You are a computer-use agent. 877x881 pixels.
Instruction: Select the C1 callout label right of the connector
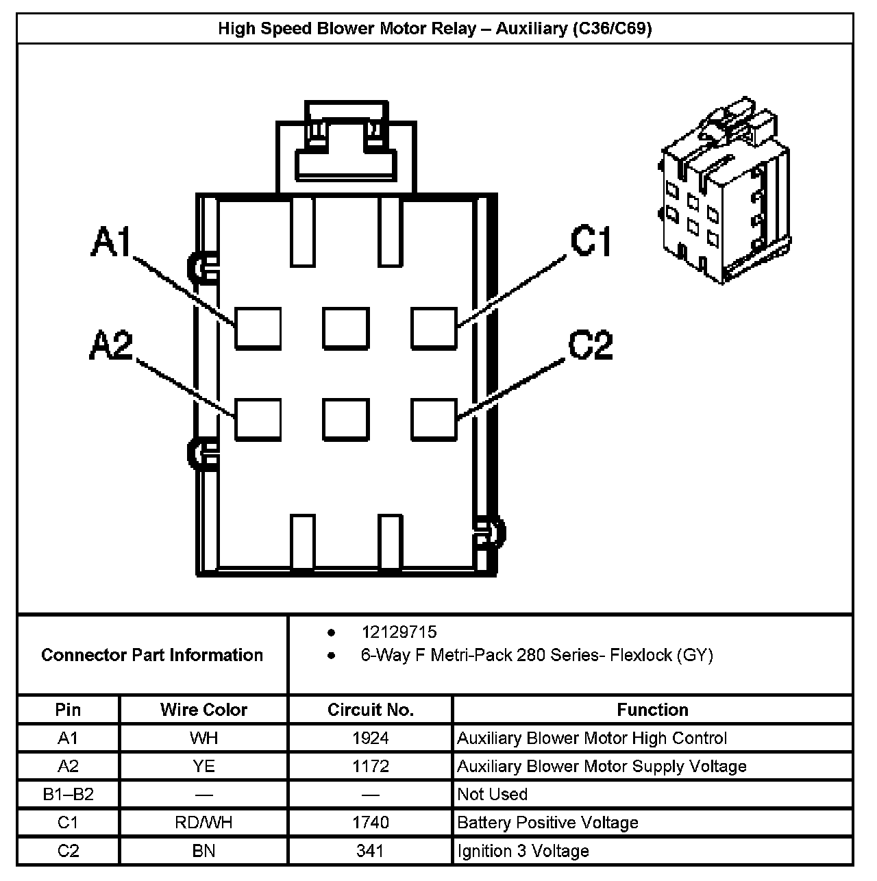591,241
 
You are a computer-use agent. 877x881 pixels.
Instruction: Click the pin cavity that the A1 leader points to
258,328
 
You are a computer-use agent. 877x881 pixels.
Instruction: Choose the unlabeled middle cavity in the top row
346,328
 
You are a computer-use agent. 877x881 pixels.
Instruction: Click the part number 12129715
399,632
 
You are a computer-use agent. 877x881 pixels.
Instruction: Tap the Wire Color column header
203,710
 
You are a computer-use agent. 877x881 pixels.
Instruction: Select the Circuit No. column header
371,710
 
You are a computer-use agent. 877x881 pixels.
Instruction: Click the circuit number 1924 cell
371,738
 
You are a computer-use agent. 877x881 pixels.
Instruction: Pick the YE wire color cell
203,766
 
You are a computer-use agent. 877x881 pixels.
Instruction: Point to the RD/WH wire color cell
203,822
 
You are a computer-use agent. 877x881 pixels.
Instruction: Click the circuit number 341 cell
371,851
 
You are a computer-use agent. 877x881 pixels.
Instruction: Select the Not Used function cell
492,794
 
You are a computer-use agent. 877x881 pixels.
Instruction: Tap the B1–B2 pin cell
69,794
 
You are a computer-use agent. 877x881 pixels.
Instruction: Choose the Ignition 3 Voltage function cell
523,851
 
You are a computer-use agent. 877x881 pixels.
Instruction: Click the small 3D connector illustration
725,194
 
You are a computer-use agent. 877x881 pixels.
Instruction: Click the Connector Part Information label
152,655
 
